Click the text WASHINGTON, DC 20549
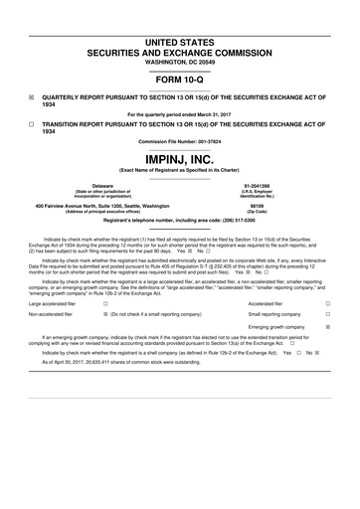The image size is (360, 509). click(x=180, y=36)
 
